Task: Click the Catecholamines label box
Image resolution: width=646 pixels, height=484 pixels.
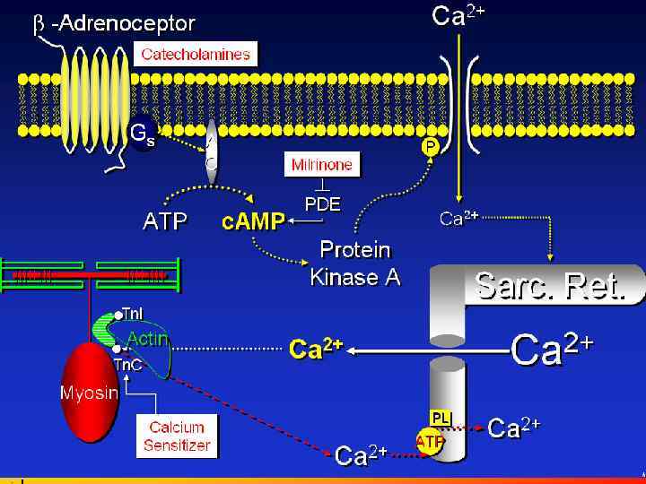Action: point(195,54)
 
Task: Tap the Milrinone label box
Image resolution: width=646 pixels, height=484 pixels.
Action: point(321,164)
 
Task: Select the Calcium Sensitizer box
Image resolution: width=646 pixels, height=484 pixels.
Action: point(177,436)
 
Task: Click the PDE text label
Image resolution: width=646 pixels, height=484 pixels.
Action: point(322,203)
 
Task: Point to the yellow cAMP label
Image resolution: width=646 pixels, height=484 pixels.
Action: point(253,221)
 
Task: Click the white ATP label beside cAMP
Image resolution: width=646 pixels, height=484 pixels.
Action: point(165,221)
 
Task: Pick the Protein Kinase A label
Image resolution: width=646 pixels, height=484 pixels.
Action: point(356,263)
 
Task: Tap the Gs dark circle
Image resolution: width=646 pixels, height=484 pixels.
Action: point(142,135)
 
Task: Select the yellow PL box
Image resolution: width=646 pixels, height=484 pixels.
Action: point(440,417)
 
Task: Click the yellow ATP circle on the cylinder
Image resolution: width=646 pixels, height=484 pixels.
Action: point(430,442)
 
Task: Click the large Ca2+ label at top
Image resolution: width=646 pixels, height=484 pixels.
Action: point(458,16)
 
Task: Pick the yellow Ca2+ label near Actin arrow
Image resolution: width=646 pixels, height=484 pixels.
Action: point(315,349)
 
